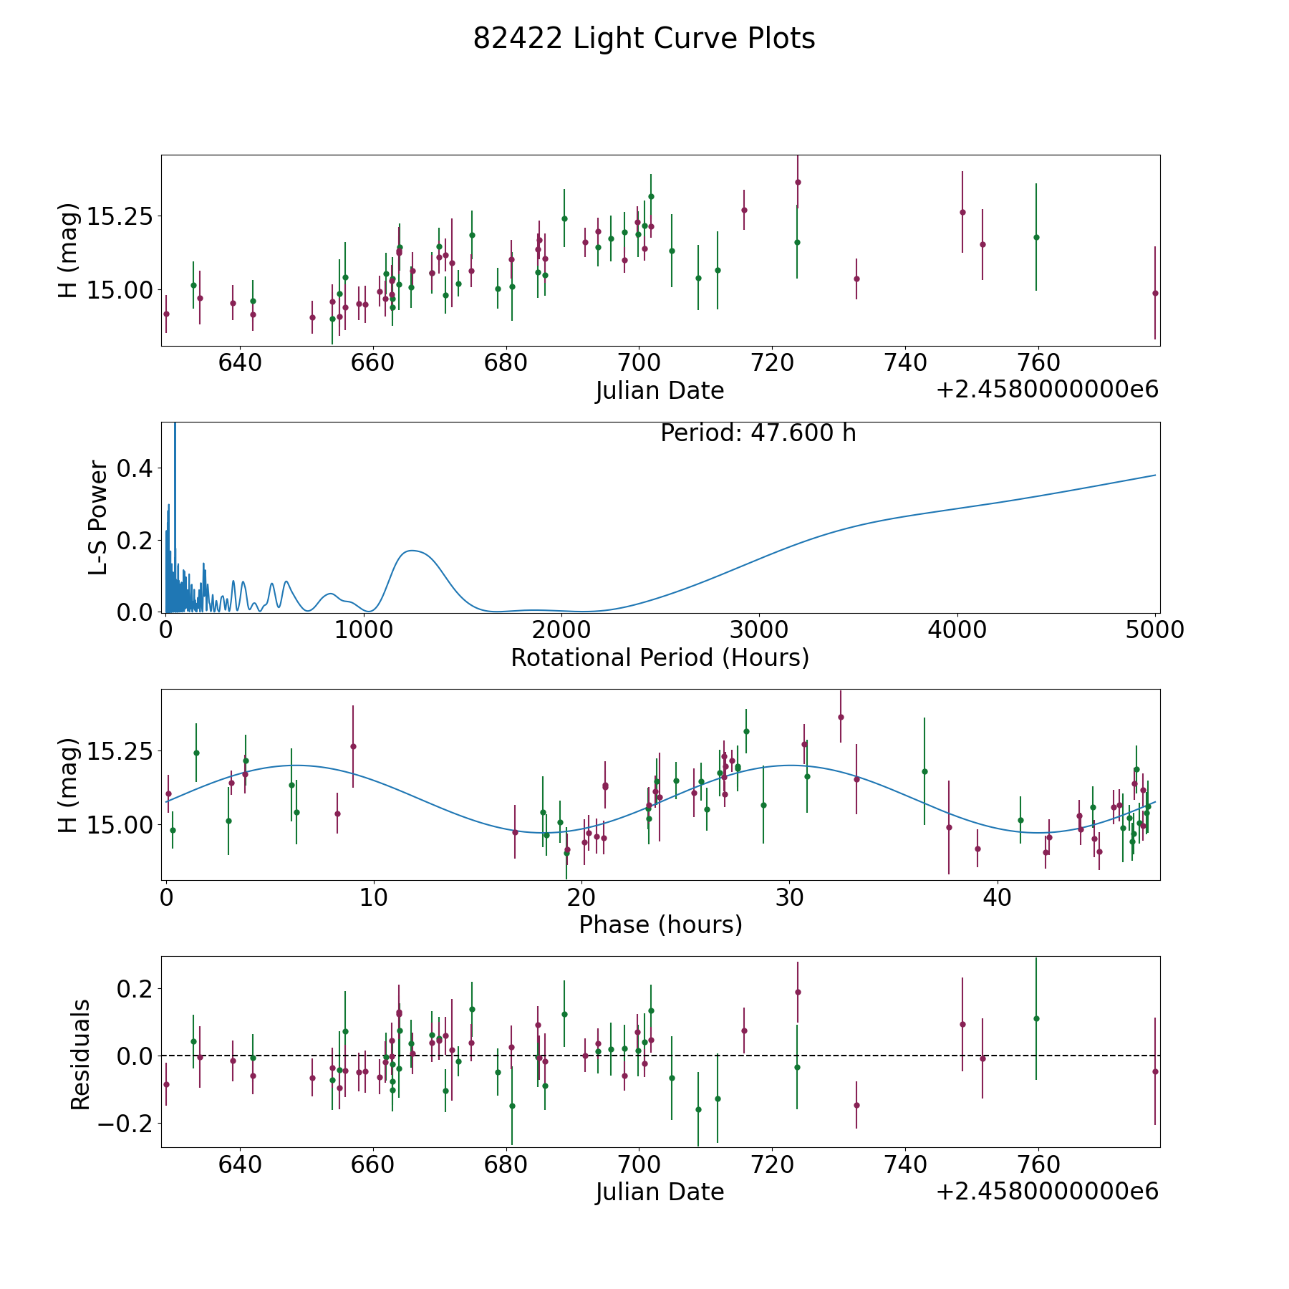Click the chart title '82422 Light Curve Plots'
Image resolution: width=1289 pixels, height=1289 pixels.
pos(644,39)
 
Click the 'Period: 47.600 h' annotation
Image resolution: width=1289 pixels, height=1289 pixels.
pos(758,433)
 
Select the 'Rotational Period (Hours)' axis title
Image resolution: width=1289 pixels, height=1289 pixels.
pos(660,657)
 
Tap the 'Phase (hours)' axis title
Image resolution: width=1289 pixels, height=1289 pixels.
pos(660,924)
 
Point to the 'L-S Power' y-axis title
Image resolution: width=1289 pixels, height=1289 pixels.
pos(99,518)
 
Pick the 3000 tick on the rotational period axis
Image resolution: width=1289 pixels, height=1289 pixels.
pos(758,629)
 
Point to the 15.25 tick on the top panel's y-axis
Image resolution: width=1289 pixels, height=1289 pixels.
pos(120,216)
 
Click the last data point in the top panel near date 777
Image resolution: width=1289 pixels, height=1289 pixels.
pos(1154,293)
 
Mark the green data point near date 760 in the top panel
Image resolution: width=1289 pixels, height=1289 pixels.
pos(1035,237)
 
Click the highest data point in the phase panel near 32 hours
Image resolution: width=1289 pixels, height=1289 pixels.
pos(841,717)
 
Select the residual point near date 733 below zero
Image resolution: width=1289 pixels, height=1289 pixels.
pos(856,1105)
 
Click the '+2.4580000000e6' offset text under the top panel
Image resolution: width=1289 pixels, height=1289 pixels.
pos(1047,389)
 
